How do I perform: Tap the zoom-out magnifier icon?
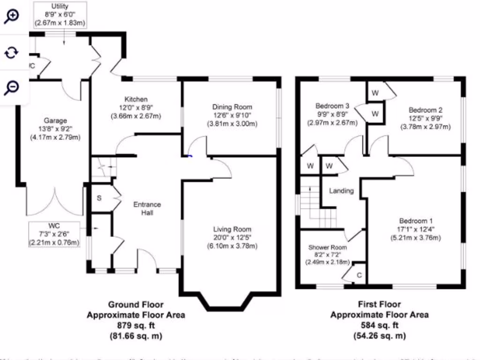point(11,87)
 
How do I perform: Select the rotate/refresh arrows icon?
point(11,52)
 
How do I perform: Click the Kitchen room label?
point(136,99)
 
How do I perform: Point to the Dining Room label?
point(232,107)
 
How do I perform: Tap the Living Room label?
point(232,229)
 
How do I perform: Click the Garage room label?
point(55,120)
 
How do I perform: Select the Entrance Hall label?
point(147,209)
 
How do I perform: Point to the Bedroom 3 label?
point(332,106)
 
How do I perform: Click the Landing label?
point(341,191)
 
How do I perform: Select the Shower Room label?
point(327,247)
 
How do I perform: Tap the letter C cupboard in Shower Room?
point(359,275)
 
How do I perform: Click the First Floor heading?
point(380,305)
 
